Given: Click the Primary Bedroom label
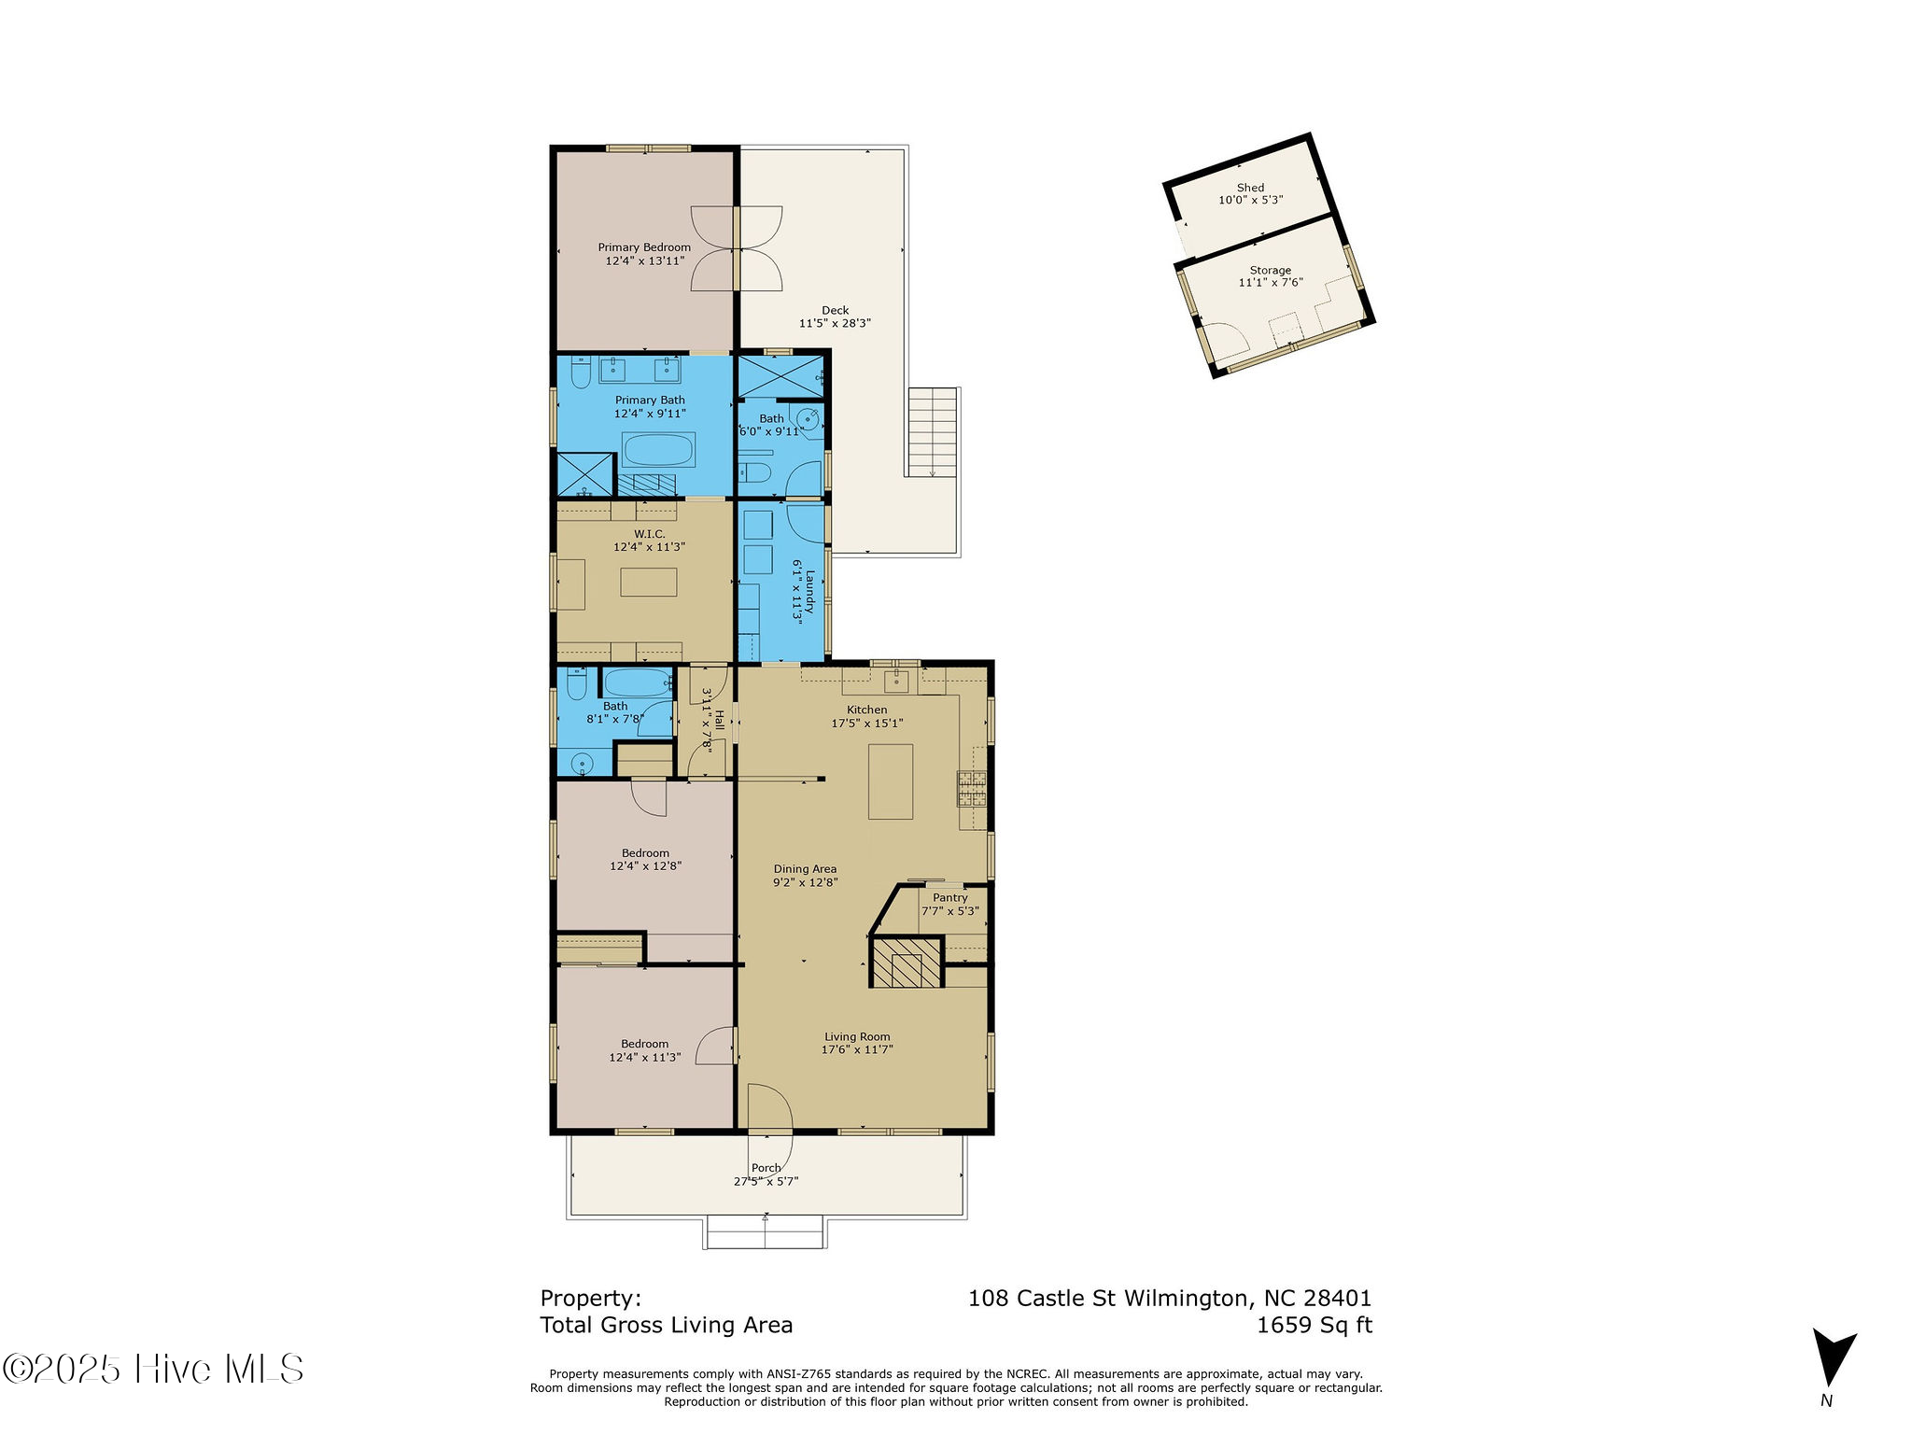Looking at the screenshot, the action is coord(644,247).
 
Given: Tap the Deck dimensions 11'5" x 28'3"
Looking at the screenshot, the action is coord(835,323).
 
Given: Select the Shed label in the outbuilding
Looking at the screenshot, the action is coord(1250,188).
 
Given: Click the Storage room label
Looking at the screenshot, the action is coord(1270,270).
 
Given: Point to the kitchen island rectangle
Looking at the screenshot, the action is coord(891,781).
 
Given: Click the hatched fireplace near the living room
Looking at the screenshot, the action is coord(906,963).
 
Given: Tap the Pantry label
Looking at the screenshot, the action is coord(949,897).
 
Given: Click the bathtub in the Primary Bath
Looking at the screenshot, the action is coord(658,450).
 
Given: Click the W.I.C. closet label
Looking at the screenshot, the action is coord(649,534).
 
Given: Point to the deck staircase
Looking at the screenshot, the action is coord(933,431).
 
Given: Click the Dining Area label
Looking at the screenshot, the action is coord(805,869).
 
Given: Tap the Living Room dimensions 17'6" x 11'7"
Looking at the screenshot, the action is coord(857,1049).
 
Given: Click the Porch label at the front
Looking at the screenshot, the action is coord(766,1168).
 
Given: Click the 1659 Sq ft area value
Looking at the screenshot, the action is coord(1314,1325).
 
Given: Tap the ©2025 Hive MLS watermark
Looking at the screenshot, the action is coord(153,1369).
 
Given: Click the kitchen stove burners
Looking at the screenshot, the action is coord(972,789).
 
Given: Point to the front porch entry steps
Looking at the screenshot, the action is coord(766,1232).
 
